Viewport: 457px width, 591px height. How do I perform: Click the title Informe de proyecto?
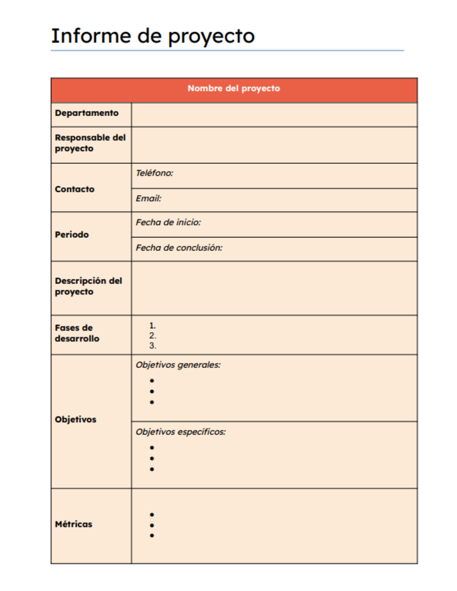(x=153, y=36)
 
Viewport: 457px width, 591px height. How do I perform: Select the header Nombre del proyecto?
(x=234, y=88)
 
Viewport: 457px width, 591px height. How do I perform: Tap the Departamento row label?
(x=87, y=113)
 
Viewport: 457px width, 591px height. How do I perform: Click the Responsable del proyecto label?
(x=90, y=143)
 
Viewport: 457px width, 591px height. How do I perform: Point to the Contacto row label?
(x=74, y=189)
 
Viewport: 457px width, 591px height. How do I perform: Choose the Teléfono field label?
(x=154, y=173)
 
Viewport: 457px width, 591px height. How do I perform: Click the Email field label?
(x=149, y=198)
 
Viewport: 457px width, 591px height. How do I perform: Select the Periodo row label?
(x=72, y=234)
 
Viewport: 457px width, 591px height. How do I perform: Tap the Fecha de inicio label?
(x=168, y=223)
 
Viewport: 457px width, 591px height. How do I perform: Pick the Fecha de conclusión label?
(x=179, y=248)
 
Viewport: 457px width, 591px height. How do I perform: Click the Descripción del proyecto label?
(x=88, y=286)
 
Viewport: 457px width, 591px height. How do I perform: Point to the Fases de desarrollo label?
(x=77, y=333)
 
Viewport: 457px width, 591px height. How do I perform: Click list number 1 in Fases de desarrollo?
(x=152, y=326)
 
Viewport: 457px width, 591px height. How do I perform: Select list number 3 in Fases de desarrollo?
(x=152, y=346)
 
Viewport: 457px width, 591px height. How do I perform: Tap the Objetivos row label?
(x=76, y=419)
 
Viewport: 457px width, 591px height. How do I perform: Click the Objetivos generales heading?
(x=178, y=365)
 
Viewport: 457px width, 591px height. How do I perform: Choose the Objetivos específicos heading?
(x=181, y=432)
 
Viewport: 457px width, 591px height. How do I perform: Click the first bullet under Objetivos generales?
(x=152, y=381)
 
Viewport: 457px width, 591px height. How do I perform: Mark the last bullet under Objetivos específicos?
(x=152, y=469)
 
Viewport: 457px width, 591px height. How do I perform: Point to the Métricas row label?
(x=74, y=524)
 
